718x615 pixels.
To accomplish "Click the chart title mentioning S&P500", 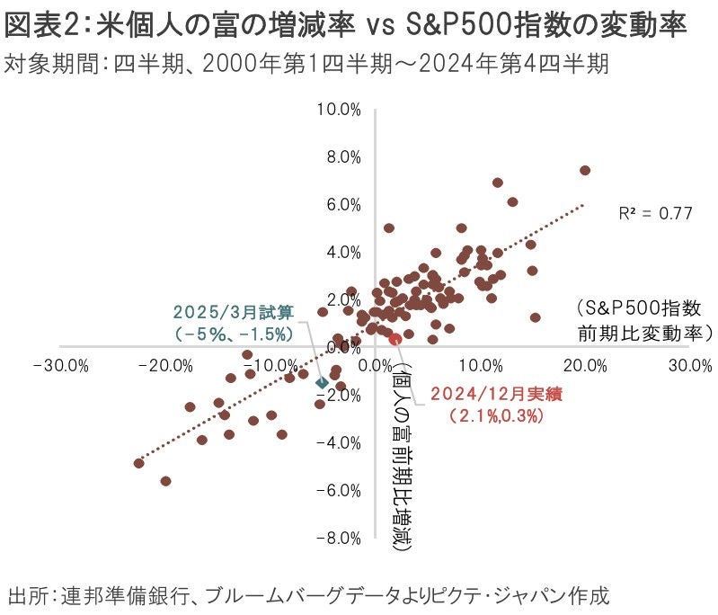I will tap(346, 24).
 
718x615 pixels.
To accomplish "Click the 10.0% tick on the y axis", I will tap(339, 110).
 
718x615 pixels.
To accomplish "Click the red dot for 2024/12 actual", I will tap(394, 338).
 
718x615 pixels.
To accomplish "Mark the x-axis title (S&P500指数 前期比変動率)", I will tap(644, 319).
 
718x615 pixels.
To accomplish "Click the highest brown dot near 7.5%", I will tap(585, 170).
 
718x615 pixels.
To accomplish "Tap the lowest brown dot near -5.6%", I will tap(165, 481).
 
